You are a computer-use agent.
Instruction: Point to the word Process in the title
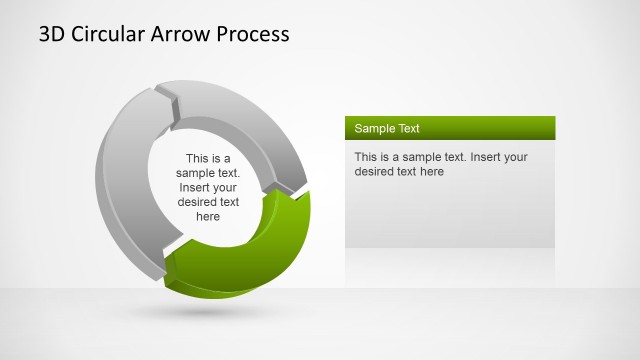tap(254, 34)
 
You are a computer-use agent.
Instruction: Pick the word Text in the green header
tap(408, 129)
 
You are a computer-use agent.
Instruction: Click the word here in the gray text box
tap(431, 171)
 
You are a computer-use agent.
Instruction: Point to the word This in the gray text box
tap(366, 157)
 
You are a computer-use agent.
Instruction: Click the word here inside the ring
tap(208, 216)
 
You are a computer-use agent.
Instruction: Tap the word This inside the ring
tap(198, 158)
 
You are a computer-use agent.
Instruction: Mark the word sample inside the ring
tap(196, 172)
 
